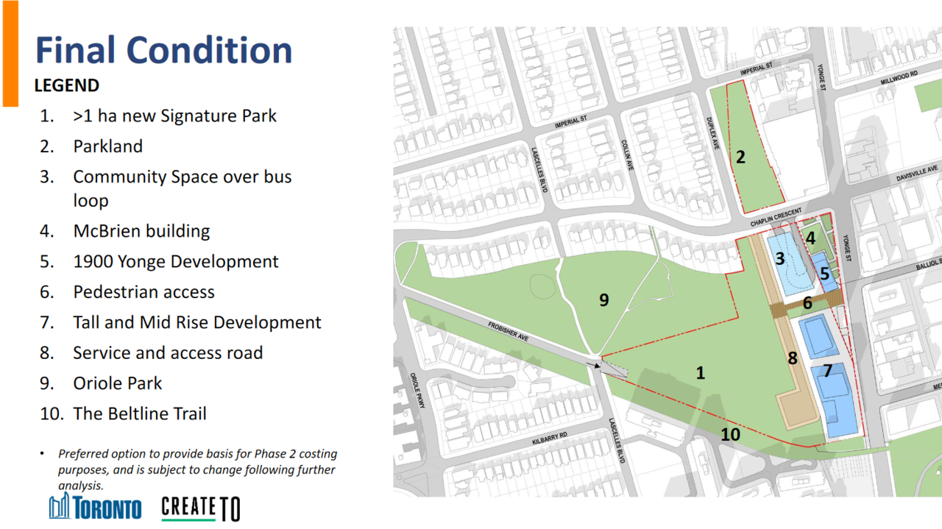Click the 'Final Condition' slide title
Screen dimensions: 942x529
tap(163, 51)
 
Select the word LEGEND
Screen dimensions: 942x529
tap(67, 86)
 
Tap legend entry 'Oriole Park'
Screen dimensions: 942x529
tap(117, 383)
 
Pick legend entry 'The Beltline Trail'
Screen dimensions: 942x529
tap(140, 413)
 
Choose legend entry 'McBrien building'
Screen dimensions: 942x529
tap(141, 231)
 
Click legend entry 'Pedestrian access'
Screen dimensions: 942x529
tap(144, 292)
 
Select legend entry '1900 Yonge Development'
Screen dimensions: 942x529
tap(176, 261)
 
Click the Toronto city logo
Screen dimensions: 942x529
tap(95, 507)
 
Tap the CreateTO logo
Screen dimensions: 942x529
tap(201, 509)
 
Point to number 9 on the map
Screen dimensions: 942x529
tap(604, 300)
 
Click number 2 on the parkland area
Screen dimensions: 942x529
tap(740, 157)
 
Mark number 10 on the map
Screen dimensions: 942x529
tap(731, 434)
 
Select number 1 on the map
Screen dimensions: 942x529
tap(700, 373)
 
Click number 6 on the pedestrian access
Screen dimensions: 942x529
tap(807, 303)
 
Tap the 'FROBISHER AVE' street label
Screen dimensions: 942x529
tap(508, 332)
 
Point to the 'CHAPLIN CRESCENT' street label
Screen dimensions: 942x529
tap(776, 217)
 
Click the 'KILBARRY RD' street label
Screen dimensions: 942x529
tap(550, 439)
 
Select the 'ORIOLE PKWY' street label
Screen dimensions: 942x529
tap(417, 390)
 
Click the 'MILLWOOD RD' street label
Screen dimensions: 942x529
tap(899, 78)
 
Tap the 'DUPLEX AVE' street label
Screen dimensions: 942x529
tap(712, 133)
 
